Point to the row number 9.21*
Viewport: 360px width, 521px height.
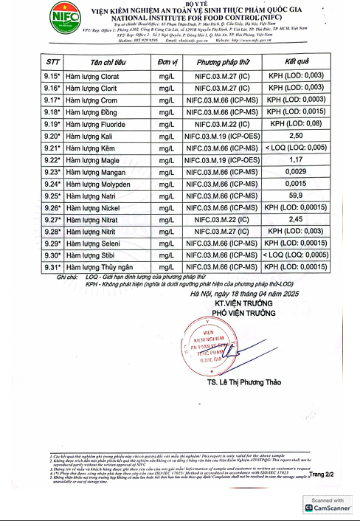point(32,148)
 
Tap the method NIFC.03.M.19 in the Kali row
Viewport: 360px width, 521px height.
point(221,137)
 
